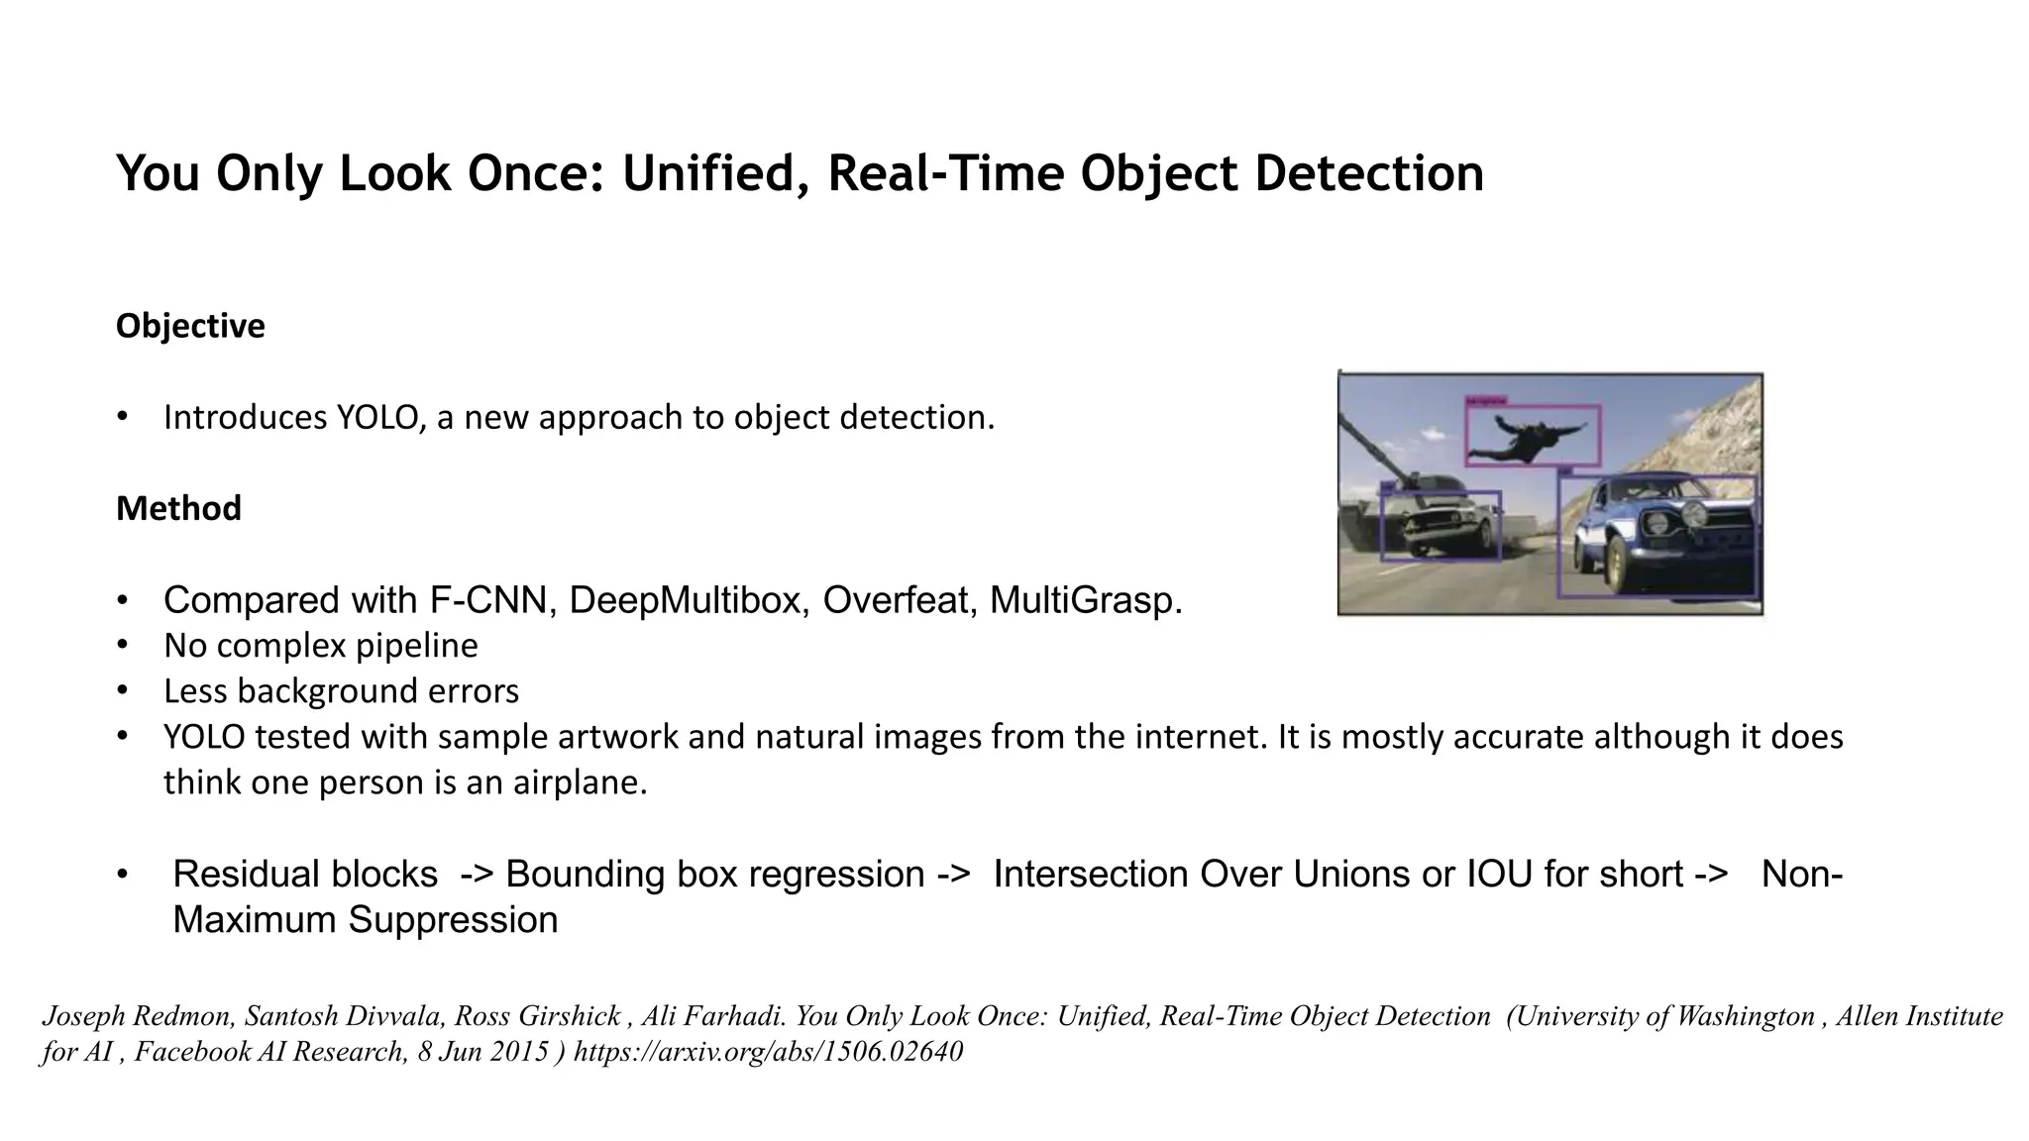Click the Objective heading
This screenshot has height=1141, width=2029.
pyautogui.click(x=190, y=326)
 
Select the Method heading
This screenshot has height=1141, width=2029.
pyautogui.click(x=178, y=508)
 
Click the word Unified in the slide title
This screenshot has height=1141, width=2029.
pyautogui.click(x=714, y=174)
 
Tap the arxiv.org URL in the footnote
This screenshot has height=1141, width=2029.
pyautogui.click(x=768, y=1051)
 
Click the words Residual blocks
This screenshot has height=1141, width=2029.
pyautogui.click(x=305, y=875)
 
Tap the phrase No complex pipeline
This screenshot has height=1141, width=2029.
pyautogui.click(x=320, y=646)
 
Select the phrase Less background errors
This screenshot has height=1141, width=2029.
pyautogui.click(x=341, y=691)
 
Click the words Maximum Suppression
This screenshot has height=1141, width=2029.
pyautogui.click(x=365, y=920)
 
